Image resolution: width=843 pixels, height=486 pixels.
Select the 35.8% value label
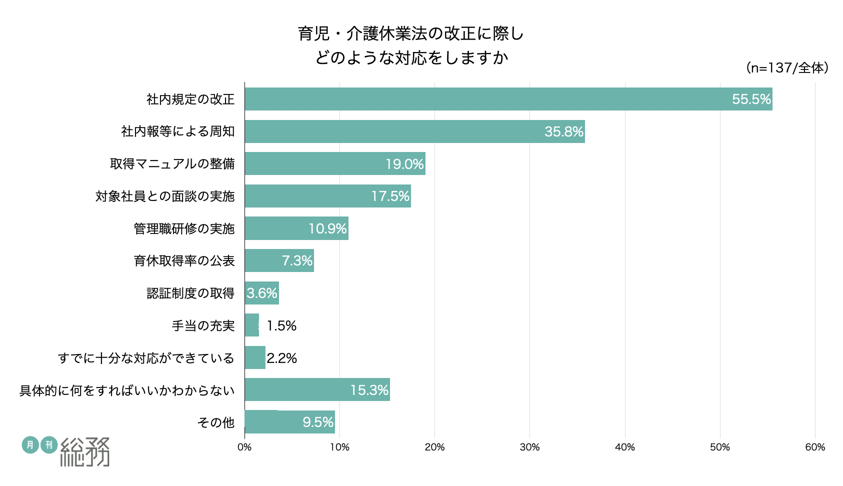coord(563,131)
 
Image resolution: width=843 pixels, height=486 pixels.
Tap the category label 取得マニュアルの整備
coord(172,164)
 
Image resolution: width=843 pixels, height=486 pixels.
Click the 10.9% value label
coord(327,228)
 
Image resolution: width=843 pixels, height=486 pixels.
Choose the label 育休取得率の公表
coord(184,261)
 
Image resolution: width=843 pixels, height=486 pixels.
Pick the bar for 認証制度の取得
coord(261,293)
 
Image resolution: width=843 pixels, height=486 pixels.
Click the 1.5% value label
coord(281,326)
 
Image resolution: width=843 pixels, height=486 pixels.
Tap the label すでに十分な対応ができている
coord(146,358)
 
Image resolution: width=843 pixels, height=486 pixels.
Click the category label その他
coord(215,422)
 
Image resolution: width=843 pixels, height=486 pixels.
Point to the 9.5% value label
coord(318,422)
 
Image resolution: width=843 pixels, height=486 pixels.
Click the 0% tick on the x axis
coord(244,447)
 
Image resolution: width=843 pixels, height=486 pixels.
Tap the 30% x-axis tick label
coord(529,447)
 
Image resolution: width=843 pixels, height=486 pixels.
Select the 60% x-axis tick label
coord(815,447)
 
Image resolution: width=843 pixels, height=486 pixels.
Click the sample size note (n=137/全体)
coord(787,67)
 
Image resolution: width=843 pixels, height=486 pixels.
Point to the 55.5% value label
coord(751,99)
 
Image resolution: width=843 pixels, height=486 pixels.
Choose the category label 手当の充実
coord(203,326)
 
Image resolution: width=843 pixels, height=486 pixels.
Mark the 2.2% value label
coord(282,358)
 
